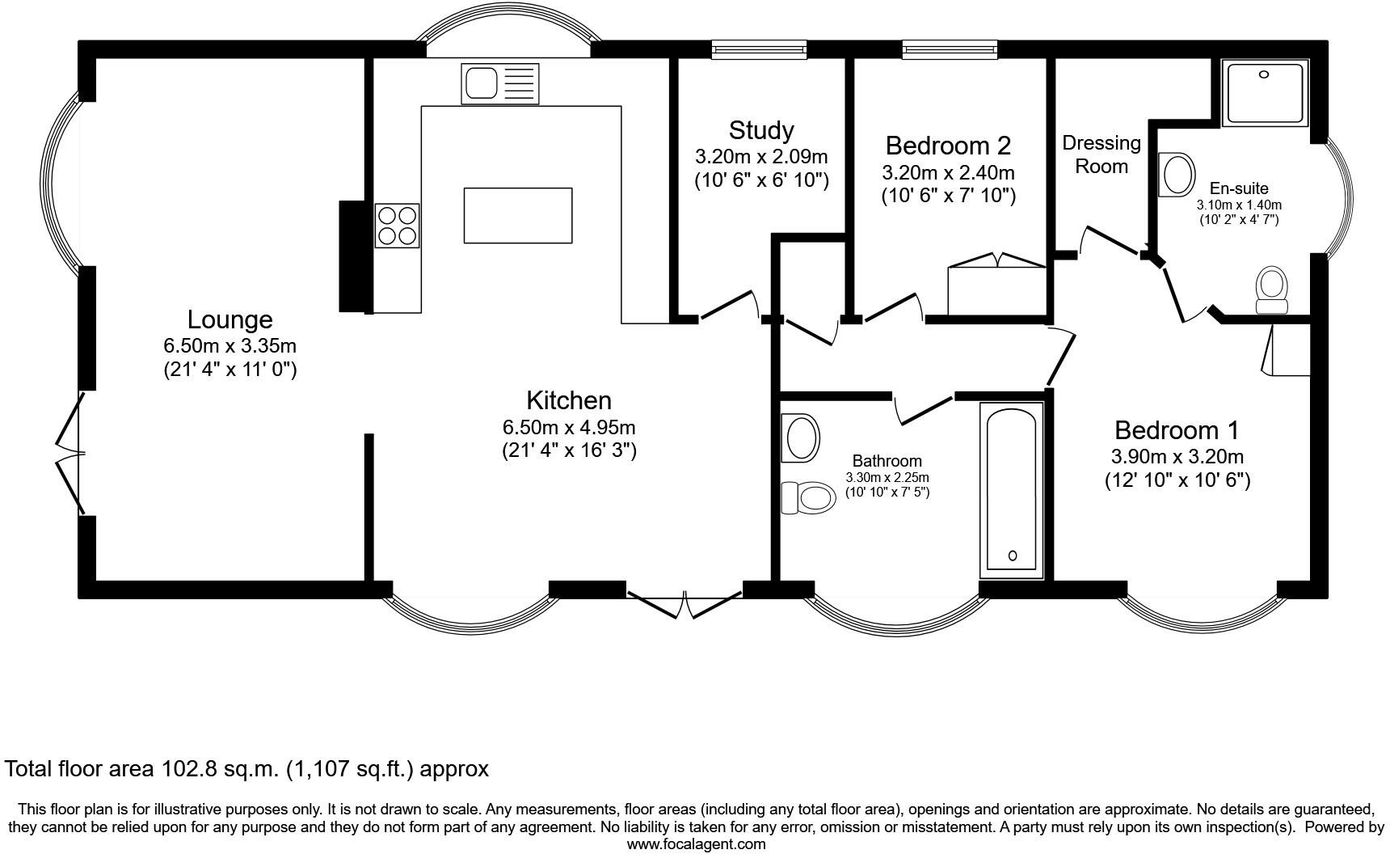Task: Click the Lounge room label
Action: click(x=230, y=319)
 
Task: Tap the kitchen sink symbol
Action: click(x=500, y=83)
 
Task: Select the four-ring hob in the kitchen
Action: click(x=397, y=226)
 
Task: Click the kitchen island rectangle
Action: click(x=518, y=215)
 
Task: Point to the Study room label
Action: click(x=760, y=130)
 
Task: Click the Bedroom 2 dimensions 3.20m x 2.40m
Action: click(x=947, y=172)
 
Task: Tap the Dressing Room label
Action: click(x=1101, y=154)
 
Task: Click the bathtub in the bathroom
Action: click(x=1012, y=489)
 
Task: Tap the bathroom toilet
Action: click(x=809, y=497)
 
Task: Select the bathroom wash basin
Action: click(x=800, y=438)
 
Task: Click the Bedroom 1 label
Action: click(x=1176, y=429)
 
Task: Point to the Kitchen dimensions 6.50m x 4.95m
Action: click(x=568, y=427)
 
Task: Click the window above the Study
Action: click(x=759, y=50)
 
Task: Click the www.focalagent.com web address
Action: click(x=696, y=844)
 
